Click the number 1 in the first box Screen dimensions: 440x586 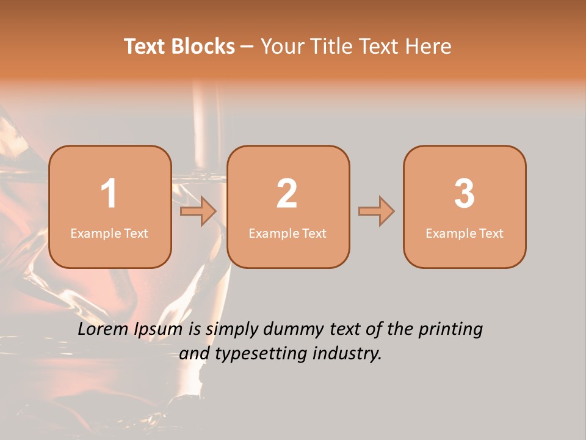pos(109,194)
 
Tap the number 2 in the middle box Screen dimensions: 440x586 pos(287,194)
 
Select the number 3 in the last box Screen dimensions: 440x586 pos(465,194)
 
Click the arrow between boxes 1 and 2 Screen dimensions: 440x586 pos(199,212)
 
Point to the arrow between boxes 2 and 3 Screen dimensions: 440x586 pos(376,211)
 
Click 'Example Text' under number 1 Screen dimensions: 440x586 pos(109,233)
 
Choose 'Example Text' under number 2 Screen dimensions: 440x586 pos(288,233)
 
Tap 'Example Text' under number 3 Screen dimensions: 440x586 pos(465,233)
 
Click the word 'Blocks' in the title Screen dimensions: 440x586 pos(203,46)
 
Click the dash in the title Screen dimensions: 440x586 pos(247,47)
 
